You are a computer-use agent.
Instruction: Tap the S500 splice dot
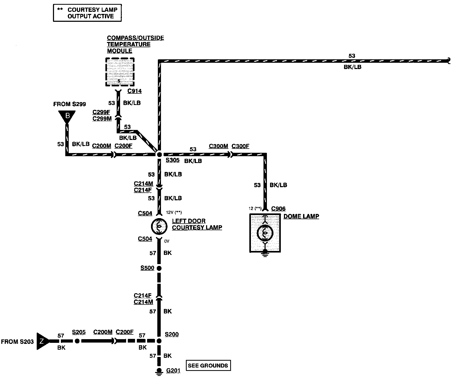(159, 268)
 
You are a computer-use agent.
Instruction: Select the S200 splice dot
(159, 341)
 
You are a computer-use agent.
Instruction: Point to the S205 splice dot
(77, 341)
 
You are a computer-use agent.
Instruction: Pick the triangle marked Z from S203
(42, 341)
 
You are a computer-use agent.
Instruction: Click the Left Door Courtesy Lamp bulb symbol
(159, 226)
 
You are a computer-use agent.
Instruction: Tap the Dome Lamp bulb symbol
(265, 233)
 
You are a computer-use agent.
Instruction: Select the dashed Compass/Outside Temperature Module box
(120, 72)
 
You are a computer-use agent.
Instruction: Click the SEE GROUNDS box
(208, 365)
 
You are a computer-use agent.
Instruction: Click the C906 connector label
(278, 209)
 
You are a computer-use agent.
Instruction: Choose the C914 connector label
(134, 91)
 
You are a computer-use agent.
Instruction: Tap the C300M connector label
(218, 146)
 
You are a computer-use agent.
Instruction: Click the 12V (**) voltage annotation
(174, 212)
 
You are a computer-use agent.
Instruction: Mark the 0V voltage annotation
(167, 241)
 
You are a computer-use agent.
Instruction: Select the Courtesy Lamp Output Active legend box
(87, 13)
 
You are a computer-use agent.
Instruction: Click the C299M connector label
(102, 119)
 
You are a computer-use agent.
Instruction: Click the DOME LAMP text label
(301, 217)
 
